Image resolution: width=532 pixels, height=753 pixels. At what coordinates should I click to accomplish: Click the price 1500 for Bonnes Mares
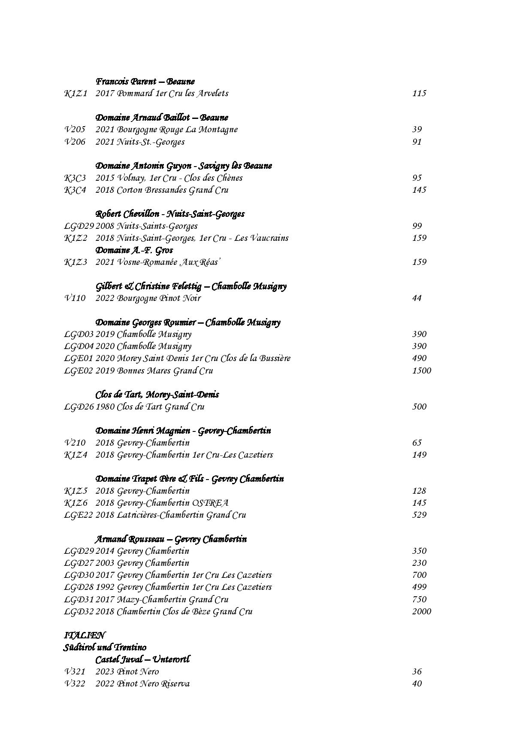421,370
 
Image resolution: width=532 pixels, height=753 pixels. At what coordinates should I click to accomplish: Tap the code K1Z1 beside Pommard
76,93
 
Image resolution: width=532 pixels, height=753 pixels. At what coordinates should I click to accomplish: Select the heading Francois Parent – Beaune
145,81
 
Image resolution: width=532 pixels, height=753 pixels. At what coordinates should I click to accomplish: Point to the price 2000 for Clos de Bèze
421,611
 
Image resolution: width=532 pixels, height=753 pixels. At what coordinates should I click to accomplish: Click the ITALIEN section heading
84,635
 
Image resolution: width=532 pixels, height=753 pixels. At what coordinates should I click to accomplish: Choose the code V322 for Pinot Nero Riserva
75,683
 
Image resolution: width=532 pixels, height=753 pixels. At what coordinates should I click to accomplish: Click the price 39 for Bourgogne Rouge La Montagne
417,129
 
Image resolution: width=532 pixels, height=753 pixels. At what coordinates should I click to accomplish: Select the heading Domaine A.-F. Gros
134,250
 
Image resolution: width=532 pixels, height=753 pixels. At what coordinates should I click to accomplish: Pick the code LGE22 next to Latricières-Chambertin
79,515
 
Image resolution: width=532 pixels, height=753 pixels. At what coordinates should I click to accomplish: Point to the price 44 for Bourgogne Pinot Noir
417,298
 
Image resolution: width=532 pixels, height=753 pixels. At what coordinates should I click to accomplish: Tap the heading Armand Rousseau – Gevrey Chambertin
171,539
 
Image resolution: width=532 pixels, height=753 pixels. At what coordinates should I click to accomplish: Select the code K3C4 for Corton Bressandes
75,190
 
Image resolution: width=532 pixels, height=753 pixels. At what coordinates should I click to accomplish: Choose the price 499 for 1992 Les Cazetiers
419,587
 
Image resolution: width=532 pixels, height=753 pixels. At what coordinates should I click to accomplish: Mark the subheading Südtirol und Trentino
105,647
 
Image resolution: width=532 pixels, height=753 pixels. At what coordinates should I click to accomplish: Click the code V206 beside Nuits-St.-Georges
75,142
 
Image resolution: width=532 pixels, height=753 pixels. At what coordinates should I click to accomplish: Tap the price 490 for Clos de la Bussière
419,358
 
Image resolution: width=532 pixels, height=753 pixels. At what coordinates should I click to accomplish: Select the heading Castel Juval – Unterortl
142,659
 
